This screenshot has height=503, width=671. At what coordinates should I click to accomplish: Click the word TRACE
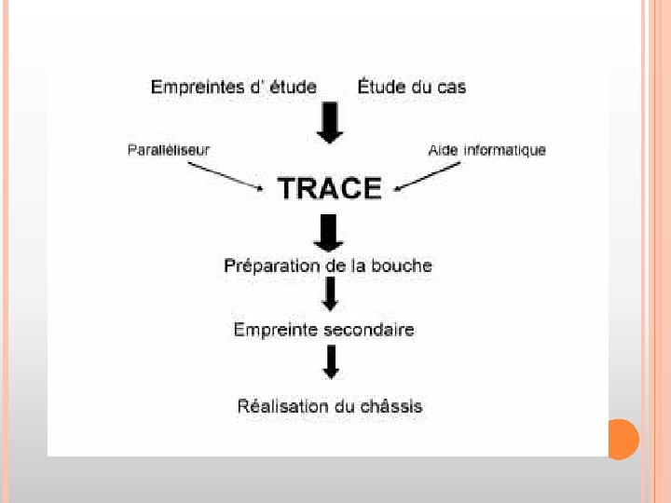pos(330,189)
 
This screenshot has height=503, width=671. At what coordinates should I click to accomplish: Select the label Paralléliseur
pos(169,150)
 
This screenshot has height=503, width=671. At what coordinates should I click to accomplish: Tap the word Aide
pos(443,150)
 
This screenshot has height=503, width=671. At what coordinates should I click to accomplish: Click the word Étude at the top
pos(381,87)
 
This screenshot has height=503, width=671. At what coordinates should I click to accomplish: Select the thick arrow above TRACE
pos(329,124)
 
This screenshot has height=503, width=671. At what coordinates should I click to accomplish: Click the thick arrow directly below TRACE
pos(329,232)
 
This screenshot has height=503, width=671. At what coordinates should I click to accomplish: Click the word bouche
pos(402,265)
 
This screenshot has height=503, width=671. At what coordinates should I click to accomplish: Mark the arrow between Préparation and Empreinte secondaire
pos(329,296)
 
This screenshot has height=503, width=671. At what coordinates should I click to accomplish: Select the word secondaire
pos(371,330)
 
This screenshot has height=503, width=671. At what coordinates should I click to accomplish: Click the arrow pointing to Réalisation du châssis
pos(329,361)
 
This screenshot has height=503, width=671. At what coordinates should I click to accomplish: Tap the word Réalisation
pos(282,406)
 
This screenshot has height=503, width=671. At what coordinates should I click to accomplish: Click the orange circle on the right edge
pos(623,440)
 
